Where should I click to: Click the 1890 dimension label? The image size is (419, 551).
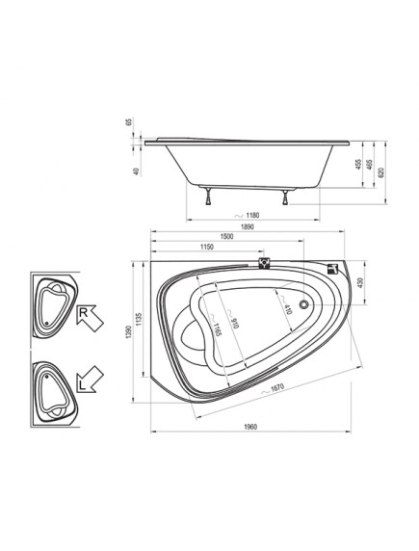pos(248,227)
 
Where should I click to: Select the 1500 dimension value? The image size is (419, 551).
pos(226,237)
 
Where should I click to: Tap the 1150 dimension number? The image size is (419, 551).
pos(207,247)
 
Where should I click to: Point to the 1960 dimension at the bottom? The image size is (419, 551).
pos(250,427)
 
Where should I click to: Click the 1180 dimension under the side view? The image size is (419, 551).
pos(252,216)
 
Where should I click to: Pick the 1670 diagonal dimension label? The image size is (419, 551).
pos(277,387)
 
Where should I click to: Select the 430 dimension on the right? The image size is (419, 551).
pos(360,282)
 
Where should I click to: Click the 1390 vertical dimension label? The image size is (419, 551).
pos(129,332)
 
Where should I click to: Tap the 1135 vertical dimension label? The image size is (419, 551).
pos(139,319)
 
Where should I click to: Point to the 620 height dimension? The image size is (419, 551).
pos(381,172)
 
